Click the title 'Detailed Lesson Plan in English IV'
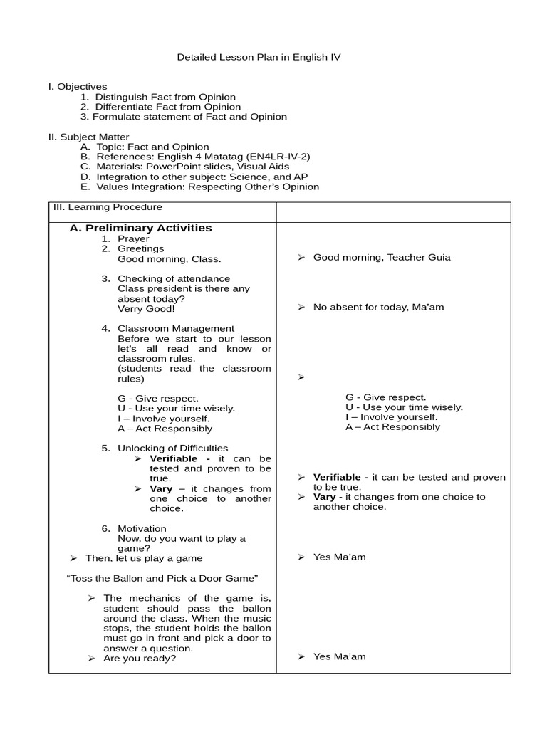pyautogui.click(x=259, y=57)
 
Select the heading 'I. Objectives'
pyautogui.click(x=78, y=87)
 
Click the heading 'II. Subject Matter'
pyautogui.click(x=89, y=137)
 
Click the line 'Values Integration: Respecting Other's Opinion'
pyautogui.click(x=207, y=187)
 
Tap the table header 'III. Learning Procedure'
pyautogui.click(x=108, y=207)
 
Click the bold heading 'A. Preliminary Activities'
pyautogui.click(x=140, y=229)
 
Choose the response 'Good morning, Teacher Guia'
pyautogui.click(x=381, y=258)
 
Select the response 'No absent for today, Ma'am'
pyautogui.click(x=378, y=308)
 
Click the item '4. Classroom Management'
pyautogui.click(x=175, y=329)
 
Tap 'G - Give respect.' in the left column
pyautogui.click(x=158, y=399)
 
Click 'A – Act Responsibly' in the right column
pyautogui.click(x=392, y=427)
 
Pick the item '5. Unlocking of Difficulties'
pyautogui.click(x=172, y=449)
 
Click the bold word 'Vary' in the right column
pyautogui.click(x=324, y=497)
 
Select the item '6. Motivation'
pyautogui.click(x=142, y=528)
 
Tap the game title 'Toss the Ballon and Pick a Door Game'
pyautogui.click(x=162, y=578)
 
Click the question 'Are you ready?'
pyautogui.click(x=140, y=659)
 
